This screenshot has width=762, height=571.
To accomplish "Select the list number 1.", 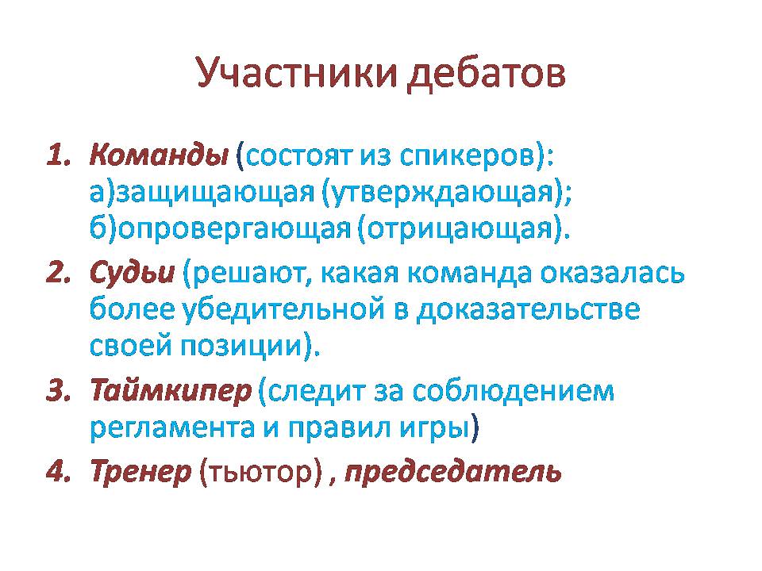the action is click(59, 155).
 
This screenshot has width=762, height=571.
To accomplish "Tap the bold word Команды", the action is click(159, 156).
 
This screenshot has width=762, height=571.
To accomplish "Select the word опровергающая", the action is click(234, 229).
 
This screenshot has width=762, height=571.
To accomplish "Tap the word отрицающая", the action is click(460, 229).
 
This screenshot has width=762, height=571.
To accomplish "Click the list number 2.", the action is click(59, 273).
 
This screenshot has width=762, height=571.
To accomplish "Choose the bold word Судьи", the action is click(133, 273).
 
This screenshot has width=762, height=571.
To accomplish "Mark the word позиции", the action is click(242, 347).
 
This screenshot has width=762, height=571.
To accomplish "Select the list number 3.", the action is click(59, 390).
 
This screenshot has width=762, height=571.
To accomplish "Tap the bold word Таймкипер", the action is click(171, 391).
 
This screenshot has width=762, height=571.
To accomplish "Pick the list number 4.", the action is click(59, 471).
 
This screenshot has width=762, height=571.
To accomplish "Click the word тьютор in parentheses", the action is click(260, 472).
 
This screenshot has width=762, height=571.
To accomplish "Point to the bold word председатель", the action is click(453, 472).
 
